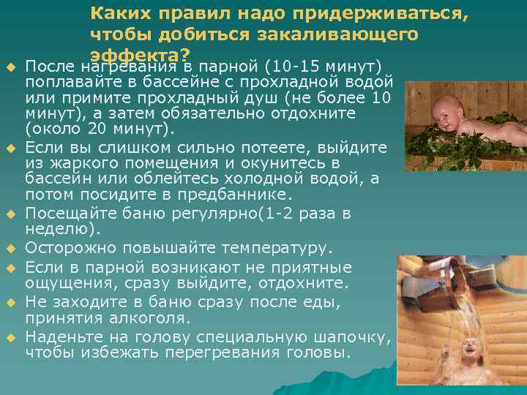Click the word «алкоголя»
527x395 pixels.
pyautogui.click(x=152, y=318)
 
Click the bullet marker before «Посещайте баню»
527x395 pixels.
pyautogui.click(x=11, y=214)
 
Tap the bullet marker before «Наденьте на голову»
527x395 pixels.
pyautogui.click(x=11, y=336)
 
